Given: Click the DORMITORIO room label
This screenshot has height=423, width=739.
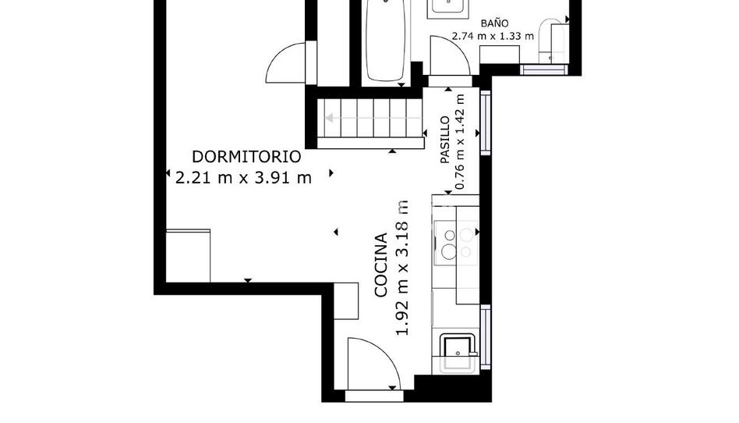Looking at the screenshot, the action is point(246,157).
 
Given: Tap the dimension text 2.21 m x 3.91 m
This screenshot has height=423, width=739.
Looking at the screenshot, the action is point(244,178).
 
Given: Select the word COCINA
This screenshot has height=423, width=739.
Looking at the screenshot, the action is point(381,265).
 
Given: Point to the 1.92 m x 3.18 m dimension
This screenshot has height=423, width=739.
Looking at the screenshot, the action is point(402,268).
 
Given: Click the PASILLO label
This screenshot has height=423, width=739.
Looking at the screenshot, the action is point(444,140).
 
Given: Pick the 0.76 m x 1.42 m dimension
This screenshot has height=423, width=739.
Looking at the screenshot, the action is point(460,141).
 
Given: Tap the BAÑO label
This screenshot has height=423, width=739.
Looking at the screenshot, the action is point(494,23).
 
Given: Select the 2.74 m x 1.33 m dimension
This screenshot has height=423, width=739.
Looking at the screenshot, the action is point(493,36).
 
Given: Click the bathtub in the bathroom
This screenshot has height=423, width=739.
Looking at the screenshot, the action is point(386,41).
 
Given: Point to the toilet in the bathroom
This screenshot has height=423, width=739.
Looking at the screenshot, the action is point(552,41).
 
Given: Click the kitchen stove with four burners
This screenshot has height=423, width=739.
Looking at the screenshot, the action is point(457,243).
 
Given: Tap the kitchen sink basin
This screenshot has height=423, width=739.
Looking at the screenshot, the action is point(457,352).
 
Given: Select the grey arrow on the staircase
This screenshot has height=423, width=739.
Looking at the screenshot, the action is point(373,118).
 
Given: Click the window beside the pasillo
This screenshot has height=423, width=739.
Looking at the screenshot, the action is point(485,123).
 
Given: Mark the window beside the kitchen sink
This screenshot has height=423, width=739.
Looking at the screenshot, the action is point(485,336).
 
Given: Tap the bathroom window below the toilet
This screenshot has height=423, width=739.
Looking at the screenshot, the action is point(544,69).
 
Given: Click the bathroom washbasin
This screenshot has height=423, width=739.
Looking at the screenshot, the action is point(447,8).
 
